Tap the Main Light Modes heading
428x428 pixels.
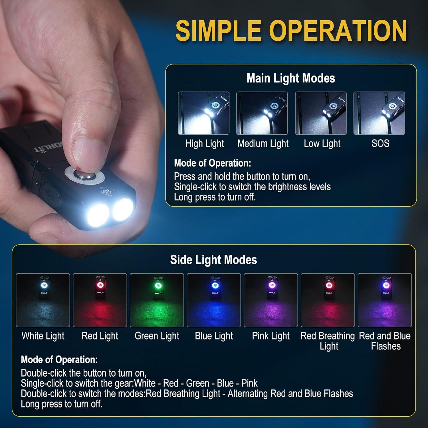pyautogui.click(x=291, y=78)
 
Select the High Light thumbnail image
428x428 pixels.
pyautogui.click(x=204, y=113)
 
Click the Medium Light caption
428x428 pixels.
pyautogui.click(x=263, y=143)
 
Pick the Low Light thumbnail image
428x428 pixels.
pyautogui.click(x=321, y=113)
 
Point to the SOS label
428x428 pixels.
pyautogui.click(x=380, y=143)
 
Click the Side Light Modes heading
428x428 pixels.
pyautogui.click(x=213, y=260)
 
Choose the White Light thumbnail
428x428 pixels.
pyautogui.click(x=43, y=300)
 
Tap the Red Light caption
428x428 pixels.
pyautogui.click(x=100, y=336)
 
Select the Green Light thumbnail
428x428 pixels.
pyautogui.click(x=157, y=300)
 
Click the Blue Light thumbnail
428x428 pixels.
pyautogui.click(x=214, y=300)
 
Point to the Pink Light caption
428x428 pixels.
pyautogui.click(x=271, y=336)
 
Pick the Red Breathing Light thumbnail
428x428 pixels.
pyautogui.click(x=328, y=300)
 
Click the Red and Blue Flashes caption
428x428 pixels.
pyautogui.click(x=385, y=341)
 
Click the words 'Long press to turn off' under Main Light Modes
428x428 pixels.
pyautogui.click(x=215, y=197)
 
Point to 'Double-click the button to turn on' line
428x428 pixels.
pyautogui.click(x=83, y=373)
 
